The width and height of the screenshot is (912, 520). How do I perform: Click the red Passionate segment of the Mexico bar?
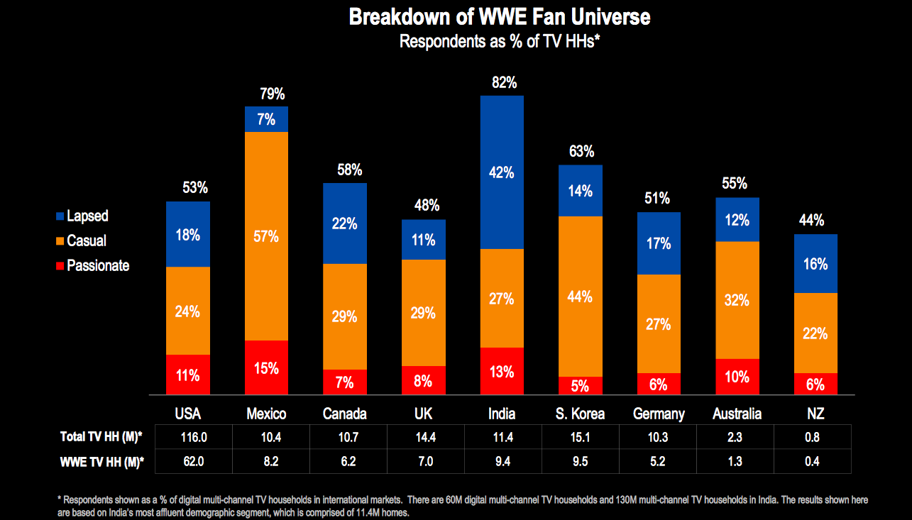(266, 367)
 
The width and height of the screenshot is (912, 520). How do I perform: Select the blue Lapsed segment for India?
(502, 172)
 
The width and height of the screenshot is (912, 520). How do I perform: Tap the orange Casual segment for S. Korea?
(580, 297)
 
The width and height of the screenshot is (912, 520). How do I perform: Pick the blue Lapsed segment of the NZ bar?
(815, 263)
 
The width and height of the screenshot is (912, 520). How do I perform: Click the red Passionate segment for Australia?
(737, 376)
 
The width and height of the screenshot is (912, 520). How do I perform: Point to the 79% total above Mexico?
(272, 94)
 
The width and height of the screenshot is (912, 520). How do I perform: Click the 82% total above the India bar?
(504, 83)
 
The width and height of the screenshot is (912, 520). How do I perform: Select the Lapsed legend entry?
(87, 216)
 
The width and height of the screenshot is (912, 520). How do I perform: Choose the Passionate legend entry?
(97, 265)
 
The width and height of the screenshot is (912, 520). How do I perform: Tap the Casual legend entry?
(86, 240)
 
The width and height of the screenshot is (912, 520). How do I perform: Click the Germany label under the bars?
(659, 414)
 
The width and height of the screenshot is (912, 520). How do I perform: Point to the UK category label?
(423, 414)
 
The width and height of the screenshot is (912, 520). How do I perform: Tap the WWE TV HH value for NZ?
(812, 462)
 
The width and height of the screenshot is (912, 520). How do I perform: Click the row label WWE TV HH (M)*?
(101, 462)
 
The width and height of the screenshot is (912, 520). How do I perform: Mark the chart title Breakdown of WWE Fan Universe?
(500, 17)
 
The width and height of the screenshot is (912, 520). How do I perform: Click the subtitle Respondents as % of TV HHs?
(500, 41)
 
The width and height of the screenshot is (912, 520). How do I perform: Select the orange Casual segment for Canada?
(345, 316)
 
